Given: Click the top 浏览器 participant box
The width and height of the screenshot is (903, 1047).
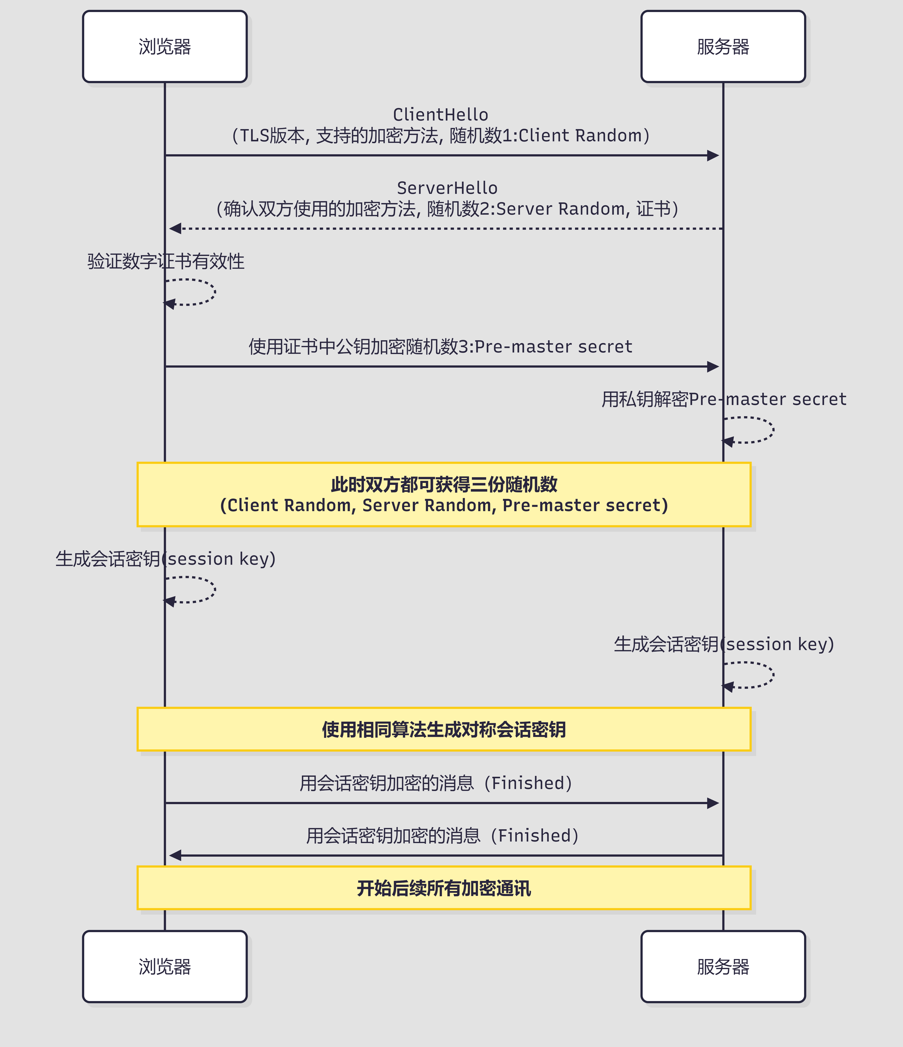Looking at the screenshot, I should coord(165,46).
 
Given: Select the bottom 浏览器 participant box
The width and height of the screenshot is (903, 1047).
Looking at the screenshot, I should coord(165,967).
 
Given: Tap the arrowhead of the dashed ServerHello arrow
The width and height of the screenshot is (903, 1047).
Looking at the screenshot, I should coord(175,228).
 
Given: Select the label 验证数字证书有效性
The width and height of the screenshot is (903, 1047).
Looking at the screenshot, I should coord(166,261).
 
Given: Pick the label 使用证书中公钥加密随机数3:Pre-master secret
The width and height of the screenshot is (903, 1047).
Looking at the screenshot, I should coord(440,347).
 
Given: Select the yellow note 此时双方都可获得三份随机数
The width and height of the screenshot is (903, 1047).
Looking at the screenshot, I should coord(444,494).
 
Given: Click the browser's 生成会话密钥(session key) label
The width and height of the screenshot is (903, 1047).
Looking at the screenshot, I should coord(166,559).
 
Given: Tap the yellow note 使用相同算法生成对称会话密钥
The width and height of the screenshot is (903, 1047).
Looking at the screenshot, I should coord(444,729).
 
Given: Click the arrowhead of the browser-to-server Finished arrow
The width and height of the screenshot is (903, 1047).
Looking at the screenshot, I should coord(713,803).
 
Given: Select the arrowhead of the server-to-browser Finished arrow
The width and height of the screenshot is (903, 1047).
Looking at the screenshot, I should coord(175,856).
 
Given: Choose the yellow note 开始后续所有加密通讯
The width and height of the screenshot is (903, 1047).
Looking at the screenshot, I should coord(444,888).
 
